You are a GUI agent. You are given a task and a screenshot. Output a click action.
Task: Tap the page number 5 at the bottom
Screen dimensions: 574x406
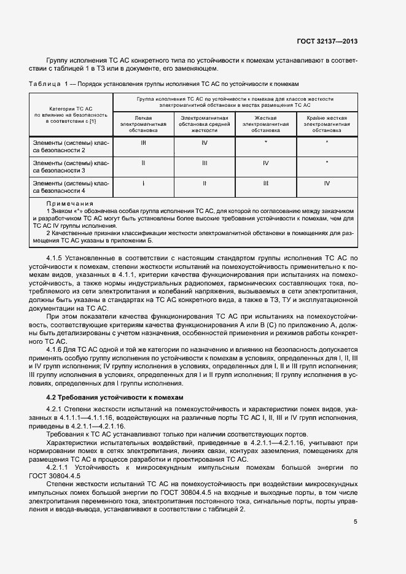[x=356, y=522]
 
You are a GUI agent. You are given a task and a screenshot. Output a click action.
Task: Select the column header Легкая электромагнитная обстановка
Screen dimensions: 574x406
[x=143, y=124]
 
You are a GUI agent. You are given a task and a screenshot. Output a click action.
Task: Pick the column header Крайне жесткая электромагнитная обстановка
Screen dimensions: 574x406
[x=327, y=124]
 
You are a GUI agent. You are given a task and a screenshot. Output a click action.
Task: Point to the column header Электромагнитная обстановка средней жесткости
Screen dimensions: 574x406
[x=205, y=124]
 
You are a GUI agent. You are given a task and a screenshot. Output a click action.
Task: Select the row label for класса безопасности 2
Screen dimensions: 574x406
[x=71, y=146]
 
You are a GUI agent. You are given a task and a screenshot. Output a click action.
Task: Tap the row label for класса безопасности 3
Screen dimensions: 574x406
[x=71, y=166]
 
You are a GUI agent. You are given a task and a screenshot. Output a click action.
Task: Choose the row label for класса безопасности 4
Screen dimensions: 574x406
[x=71, y=187]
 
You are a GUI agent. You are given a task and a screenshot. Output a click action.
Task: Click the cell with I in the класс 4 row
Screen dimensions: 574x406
[x=143, y=183]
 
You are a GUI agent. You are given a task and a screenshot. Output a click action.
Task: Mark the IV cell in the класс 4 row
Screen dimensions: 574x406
[x=327, y=183]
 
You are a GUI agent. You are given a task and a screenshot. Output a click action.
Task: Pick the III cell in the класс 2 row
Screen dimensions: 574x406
[x=143, y=142]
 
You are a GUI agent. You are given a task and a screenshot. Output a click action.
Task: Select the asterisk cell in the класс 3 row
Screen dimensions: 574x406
[x=327, y=163]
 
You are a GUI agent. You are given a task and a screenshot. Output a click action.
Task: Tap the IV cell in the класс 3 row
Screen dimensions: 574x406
[x=266, y=163]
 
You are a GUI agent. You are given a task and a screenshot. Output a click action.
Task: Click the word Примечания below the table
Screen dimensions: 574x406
[x=69, y=203]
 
